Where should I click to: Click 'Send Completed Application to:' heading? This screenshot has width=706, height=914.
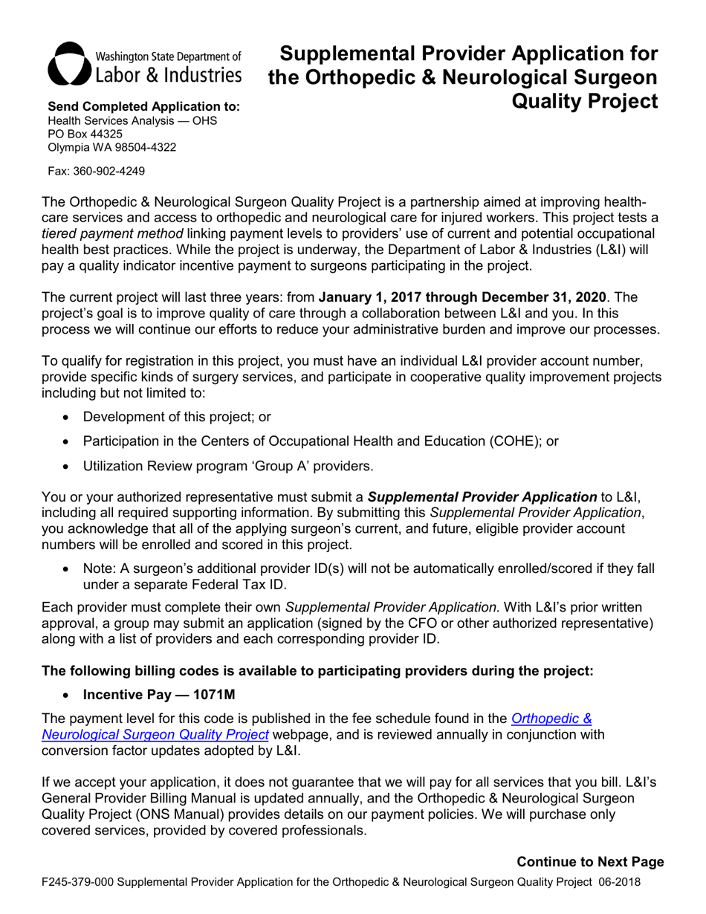(x=143, y=107)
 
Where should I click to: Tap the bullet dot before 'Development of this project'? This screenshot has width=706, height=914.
(x=68, y=418)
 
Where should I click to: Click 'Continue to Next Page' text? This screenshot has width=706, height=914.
(x=590, y=862)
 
